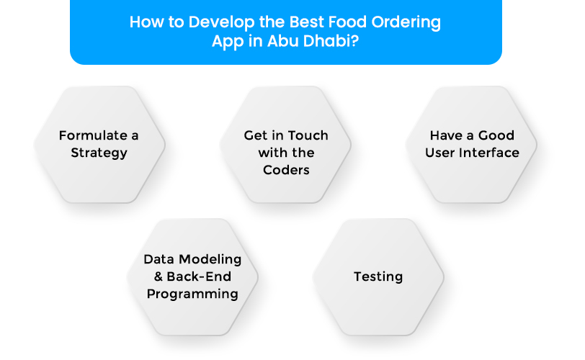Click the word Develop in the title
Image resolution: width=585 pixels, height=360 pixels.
pos(222,23)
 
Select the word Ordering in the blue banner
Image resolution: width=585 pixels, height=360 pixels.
pos(406,23)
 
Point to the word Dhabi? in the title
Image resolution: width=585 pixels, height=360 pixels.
pos(331,40)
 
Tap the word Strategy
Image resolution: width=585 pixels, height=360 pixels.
pos(99,153)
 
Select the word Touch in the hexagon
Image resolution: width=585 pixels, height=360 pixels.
pos(308,135)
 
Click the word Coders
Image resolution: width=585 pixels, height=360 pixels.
pos(286,170)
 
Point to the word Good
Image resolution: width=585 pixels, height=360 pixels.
pos(496,135)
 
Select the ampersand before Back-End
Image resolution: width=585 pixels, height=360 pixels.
pos(158,276)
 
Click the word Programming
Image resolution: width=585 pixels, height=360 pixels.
pos(192,294)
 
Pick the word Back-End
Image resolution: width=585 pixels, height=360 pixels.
pos(199,276)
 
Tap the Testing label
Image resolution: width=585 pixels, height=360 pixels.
pos(378,277)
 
